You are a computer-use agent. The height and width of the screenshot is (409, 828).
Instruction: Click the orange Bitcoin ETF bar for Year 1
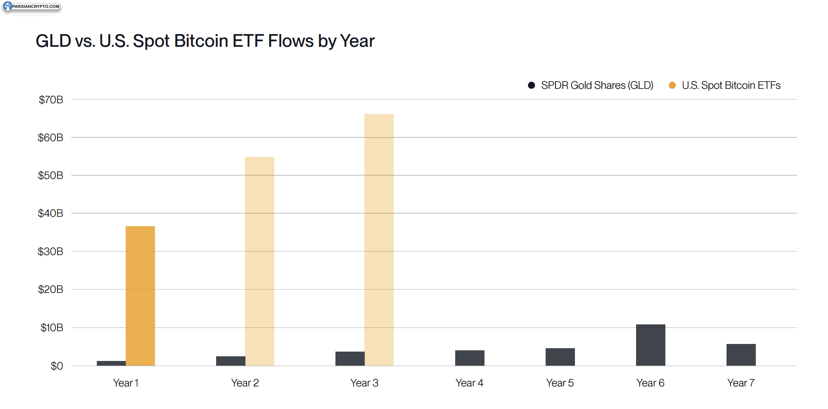click(x=140, y=295)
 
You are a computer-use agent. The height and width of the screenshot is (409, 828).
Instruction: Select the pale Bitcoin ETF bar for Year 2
click(x=259, y=261)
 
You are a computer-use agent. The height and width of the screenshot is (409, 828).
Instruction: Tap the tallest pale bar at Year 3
click(x=379, y=239)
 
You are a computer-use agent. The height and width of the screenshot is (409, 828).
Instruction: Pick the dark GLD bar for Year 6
click(x=651, y=345)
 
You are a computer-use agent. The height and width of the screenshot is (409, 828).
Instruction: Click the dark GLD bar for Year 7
click(x=741, y=355)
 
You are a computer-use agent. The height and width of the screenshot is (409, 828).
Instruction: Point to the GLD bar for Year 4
click(x=470, y=358)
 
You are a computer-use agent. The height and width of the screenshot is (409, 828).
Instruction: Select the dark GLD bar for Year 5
click(x=560, y=357)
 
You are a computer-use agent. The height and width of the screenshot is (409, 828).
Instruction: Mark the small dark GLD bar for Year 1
click(x=111, y=363)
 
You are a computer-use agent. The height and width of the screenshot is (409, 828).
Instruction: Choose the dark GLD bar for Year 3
click(x=350, y=358)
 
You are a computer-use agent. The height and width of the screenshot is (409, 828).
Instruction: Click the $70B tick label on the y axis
click(x=51, y=100)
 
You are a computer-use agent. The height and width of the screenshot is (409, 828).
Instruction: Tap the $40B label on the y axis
click(x=51, y=213)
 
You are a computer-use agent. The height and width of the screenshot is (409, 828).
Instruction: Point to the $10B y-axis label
click(x=52, y=328)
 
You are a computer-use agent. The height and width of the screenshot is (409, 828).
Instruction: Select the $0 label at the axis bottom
click(x=57, y=366)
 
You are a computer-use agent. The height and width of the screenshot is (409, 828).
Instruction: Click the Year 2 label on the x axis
click(x=245, y=383)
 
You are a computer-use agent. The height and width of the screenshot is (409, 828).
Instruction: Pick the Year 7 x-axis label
click(x=741, y=383)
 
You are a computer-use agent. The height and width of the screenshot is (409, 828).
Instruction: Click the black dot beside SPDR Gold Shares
click(x=531, y=85)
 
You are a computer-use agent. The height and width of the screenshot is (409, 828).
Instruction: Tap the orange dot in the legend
click(x=672, y=85)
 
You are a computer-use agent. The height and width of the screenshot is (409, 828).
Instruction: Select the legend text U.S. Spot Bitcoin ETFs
click(x=731, y=85)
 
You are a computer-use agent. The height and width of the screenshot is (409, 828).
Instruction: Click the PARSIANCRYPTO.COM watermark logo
click(x=32, y=7)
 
